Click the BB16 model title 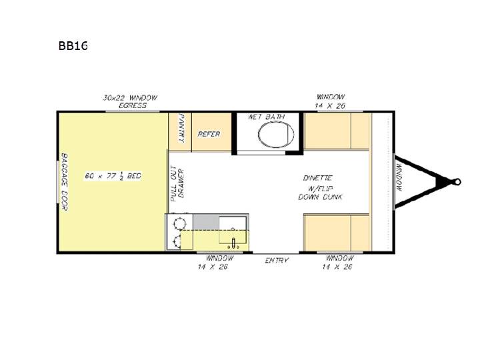pyautogui.click(x=73, y=45)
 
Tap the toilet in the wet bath pyautogui.click(x=276, y=134)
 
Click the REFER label pyautogui.click(x=209, y=134)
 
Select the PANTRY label pyautogui.click(x=181, y=128)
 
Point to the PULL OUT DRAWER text pyautogui.click(x=177, y=183)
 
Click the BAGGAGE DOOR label pyautogui.click(x=64, y=182)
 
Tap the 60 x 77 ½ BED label pyautogui.click(x=113, y=176)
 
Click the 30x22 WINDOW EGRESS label pyautogui.click(x=130, y=101)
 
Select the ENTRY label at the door pyautogui.click(x=277, y=260)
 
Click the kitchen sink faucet pyautogui.click(x=233, y=243)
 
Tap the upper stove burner pyautogui.click(x=179, y=223)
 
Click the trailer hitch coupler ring pyautogui.click(x=457, y=182)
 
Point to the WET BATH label pyautogui.click(x=266, y=117)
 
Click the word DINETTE pyautogui.click(x=318, y=178)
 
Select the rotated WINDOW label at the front pyautogui.click(x=399, y=177)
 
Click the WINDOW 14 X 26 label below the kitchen pyautogui.click(x=215, y=263)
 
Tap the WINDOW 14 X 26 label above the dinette pyautogui.click(x=330, y=101)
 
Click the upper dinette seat pyautogui.click(x=337, y=131)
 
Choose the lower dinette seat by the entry pyautogui.click(x=337, y=233)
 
